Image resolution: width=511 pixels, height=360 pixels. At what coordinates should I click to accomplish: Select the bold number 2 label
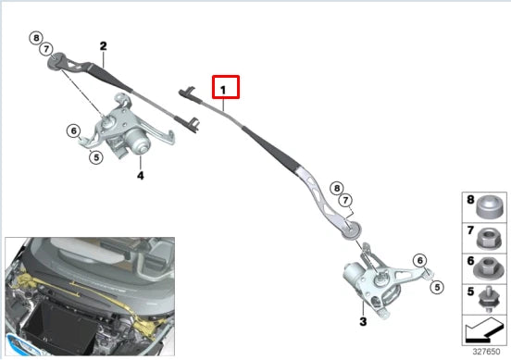(x=103, y=45)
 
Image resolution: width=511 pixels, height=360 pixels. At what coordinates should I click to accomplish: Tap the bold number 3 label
(x=363, y=321)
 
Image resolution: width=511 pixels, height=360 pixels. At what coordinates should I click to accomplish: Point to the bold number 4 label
(x=141, y=174)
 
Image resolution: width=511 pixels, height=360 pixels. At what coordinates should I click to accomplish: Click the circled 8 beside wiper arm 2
(x=36, y=38)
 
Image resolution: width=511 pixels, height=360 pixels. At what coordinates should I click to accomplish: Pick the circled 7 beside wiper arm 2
(x=45, y=50)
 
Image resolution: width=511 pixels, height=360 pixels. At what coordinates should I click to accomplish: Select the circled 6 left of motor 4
(x=73, y=130)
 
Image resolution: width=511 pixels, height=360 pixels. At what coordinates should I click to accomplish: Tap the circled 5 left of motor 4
(x=94, y=157)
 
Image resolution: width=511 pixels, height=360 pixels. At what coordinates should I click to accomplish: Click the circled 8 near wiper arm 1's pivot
(x=337, y=188)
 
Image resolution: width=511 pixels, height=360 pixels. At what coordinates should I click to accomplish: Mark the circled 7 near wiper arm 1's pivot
(x=344, y=201)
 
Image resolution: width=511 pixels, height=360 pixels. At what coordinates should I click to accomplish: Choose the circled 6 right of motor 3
(x=418, y=260)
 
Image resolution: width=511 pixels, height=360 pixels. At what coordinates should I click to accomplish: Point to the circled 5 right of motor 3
(x=433, y=287)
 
